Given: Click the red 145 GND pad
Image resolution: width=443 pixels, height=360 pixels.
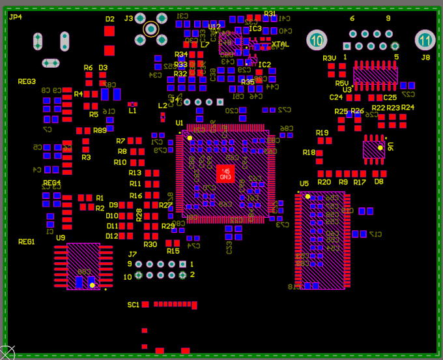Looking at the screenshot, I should [225, 174].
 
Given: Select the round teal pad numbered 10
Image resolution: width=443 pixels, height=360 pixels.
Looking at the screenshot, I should [317, 40].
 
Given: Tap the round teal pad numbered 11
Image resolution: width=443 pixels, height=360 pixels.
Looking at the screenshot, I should [425, 40].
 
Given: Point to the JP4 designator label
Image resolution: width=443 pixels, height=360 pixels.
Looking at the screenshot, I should [15, 17].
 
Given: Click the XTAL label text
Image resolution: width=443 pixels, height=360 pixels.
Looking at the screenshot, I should [280, 44].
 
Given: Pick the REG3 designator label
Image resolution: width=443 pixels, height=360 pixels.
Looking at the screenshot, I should [27, 82].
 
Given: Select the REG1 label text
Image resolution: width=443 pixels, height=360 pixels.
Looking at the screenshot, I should [27, 242].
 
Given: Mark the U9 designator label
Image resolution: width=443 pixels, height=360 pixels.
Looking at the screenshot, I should [61, 237].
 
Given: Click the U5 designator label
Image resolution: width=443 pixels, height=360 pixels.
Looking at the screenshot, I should [304, 184].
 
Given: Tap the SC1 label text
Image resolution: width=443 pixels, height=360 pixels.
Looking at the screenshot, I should [133, 305].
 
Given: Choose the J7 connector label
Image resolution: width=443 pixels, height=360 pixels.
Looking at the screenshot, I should [132, 254].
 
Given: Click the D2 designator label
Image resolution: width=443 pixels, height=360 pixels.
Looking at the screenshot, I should [109, 19].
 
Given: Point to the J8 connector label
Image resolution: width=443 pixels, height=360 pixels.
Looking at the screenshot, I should [425, 57].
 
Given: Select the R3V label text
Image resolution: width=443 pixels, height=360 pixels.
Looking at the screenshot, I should [330, 59].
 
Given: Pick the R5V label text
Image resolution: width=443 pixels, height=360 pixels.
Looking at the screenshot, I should [342, 83].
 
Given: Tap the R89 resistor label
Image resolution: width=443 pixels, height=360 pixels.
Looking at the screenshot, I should [100, 130].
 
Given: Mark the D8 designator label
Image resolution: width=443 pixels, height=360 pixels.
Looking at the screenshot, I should [379, 182].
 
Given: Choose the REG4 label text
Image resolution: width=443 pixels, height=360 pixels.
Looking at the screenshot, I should [52, 183].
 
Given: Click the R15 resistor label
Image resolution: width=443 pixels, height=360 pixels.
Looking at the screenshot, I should [173, 251].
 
